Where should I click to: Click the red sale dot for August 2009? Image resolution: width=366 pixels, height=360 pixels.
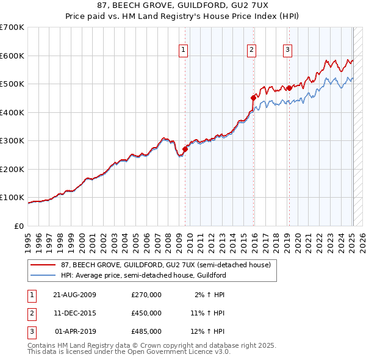[x=185, y=149]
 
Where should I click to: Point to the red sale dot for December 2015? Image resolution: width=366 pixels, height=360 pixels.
[x=253, y=98]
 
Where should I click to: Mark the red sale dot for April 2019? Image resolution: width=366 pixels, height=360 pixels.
[x=289, y=88]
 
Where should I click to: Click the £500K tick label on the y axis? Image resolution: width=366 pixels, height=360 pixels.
[x=12, y=84]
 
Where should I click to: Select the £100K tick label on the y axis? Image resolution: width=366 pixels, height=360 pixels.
[x=12, y=198]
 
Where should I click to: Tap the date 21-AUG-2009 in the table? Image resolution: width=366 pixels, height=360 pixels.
[x=74, y=295]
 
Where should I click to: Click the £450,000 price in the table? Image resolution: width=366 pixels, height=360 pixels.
[x=146, y=313]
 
